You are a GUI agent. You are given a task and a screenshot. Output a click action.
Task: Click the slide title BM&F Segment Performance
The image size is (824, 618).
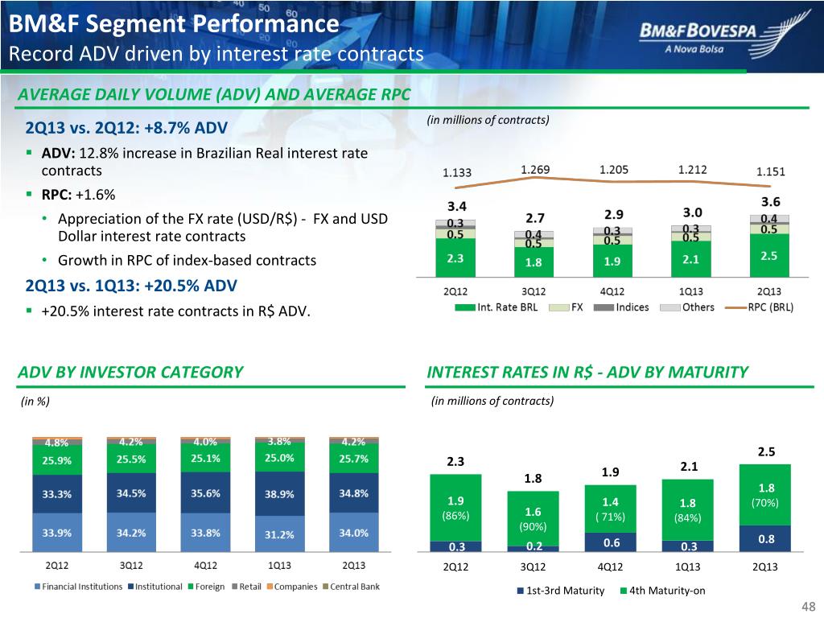(174, 24)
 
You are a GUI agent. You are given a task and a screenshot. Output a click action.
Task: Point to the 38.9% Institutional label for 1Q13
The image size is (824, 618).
(279, 494)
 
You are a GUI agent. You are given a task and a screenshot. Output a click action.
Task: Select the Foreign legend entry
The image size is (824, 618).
(210, 587)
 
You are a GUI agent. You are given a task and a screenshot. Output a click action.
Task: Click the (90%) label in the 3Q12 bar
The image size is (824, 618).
(534, 527)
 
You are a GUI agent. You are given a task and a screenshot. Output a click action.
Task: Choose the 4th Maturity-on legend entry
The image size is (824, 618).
(665, 591)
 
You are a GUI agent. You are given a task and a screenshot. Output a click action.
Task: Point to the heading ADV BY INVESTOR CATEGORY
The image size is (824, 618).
(130, 372)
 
